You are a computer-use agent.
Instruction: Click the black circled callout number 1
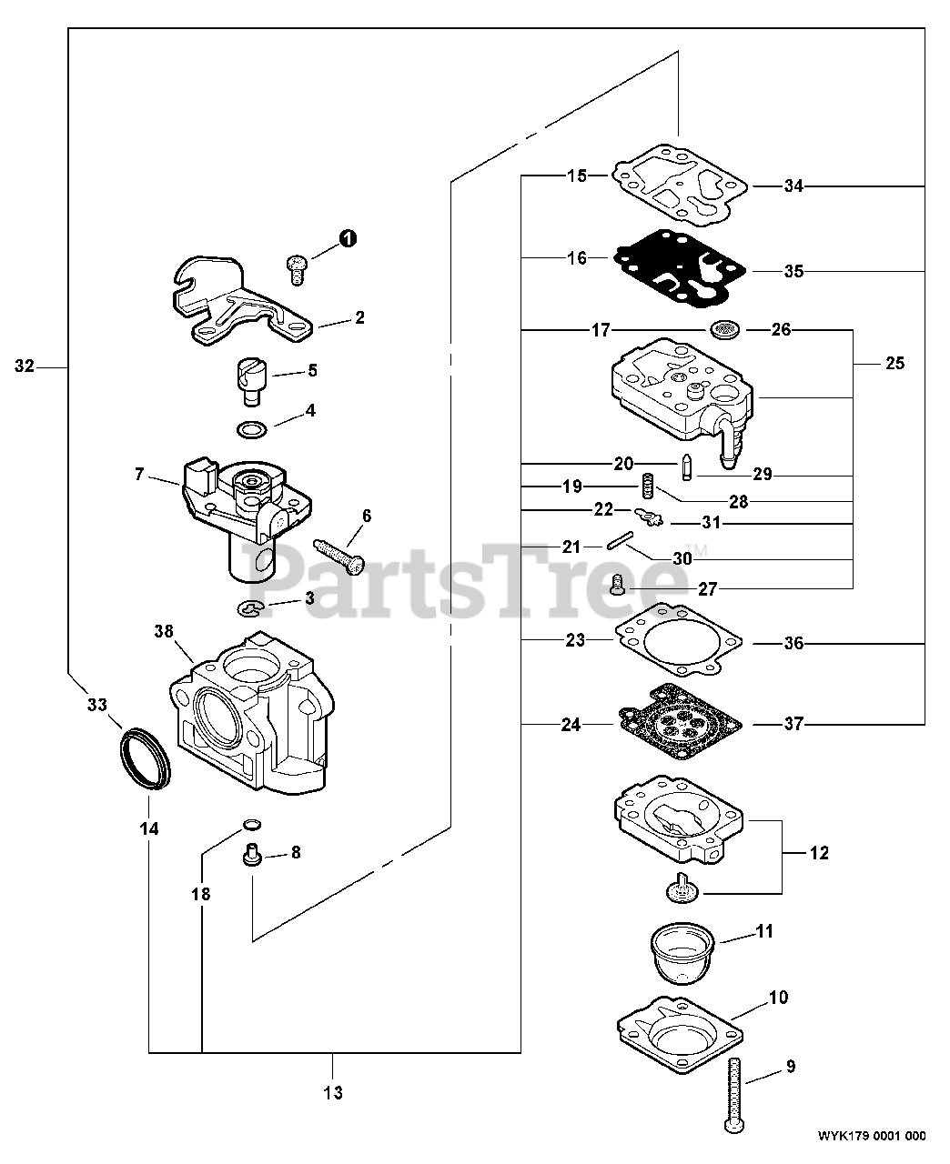click(x=348, y=238)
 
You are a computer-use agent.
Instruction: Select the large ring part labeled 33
click(x=145, y=758)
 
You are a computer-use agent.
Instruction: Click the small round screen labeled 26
click(x=723, y=329)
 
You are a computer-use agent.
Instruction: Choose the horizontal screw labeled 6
click(x=339, y=555)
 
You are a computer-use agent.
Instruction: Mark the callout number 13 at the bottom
click(x=333, y=1092)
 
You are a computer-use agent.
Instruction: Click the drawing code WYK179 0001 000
click(x=871, y=1136)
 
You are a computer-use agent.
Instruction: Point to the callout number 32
click(x=25, y=366)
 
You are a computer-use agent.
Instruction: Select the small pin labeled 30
click(x=617, y=546)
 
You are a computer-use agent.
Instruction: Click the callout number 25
click(x=894, y=363)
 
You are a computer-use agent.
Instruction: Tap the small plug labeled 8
click(x=252, y=855)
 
